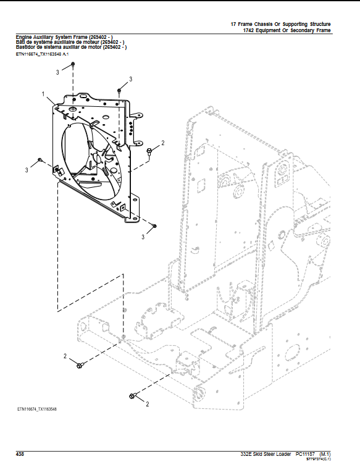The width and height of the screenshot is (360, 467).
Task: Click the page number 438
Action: coord(20,453)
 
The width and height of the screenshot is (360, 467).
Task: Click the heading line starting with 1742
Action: coord(287,30)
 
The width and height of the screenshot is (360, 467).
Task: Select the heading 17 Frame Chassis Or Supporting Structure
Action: coord(280,23)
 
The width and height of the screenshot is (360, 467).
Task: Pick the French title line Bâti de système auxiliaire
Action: coord(71,42)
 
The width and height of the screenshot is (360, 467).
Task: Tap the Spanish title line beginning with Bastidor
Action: coord(71,47)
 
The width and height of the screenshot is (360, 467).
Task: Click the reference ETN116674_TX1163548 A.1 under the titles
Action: coord(43,54)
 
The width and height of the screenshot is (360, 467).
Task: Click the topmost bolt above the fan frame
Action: coord(73,64)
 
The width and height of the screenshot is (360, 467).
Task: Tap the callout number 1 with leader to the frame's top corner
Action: coord(44,94)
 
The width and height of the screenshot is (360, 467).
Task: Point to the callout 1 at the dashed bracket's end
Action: coord(123,274)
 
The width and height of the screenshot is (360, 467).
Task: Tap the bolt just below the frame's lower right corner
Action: coord(154,227)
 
